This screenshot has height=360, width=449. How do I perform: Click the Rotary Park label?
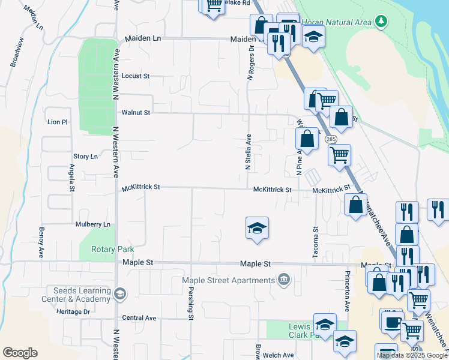click(112, 249)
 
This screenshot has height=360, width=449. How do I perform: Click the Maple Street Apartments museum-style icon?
click(284, 280)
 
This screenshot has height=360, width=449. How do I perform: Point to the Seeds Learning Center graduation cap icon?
click(119, 293)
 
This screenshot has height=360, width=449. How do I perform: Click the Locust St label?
click(134, 76)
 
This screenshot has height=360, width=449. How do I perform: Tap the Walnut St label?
click(135, 112)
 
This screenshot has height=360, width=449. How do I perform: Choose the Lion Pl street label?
click(58, 122)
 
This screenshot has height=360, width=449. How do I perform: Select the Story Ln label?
click(85, 157)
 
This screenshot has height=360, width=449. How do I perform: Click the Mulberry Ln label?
click(93, 224)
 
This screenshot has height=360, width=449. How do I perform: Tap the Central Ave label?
click(139, 318)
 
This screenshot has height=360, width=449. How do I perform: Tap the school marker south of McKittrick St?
click(257, 228)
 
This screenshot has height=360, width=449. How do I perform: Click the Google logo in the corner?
click(20, 353)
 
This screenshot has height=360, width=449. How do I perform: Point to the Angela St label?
click(72, 178)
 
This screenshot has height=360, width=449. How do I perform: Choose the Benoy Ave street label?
click(41, 240)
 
